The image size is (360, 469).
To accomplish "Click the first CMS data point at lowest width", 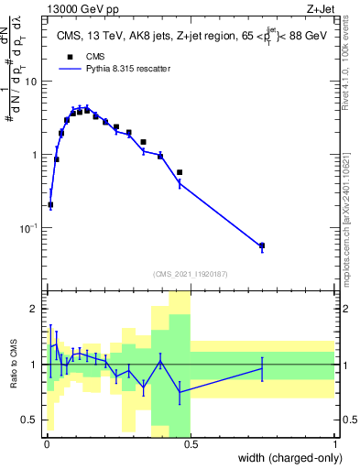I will click(50, 205).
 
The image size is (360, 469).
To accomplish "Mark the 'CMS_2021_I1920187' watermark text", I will click(190, 273).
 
